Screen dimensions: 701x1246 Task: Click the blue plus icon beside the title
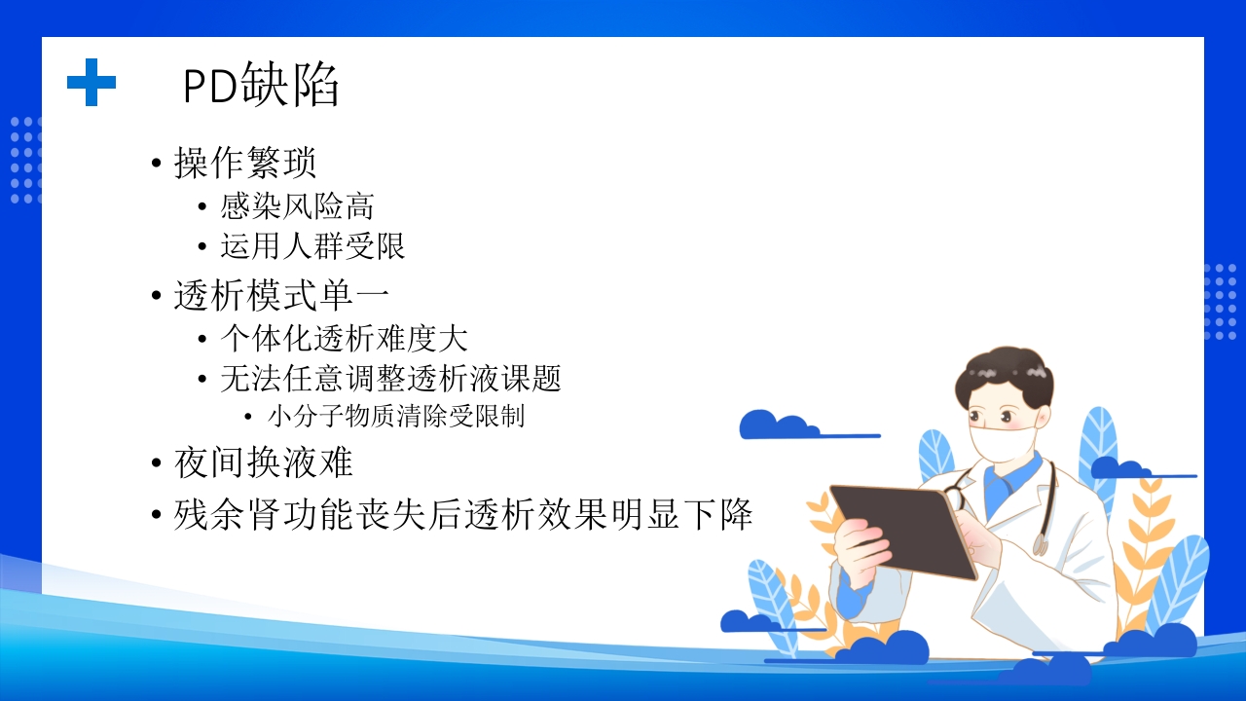click(92, 82)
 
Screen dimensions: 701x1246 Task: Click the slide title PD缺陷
click(261, 87)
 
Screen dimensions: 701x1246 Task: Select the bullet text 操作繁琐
click(245, 163)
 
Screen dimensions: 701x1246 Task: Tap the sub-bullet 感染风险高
click(297, 206)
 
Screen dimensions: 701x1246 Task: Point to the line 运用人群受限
click(312, 246)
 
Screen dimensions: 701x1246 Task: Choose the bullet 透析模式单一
click(282, 295)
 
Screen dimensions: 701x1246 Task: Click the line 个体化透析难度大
click(344, 339)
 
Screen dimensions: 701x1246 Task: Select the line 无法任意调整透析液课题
click(390, 378)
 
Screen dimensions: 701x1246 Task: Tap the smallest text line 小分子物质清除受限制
click(395, 417)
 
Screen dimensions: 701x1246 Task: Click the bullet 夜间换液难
click(263, 462)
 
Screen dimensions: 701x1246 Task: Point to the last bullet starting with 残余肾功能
click(463, 513)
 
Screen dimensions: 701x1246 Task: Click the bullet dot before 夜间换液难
click(157, 463)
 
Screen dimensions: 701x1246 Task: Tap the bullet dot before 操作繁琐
click(157, 164)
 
